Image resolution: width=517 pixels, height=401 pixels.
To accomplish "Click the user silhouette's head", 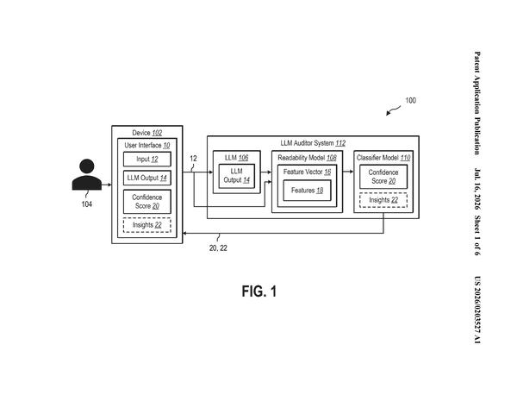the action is point(87,166).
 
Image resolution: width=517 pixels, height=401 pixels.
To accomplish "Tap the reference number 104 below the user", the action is point(87,204).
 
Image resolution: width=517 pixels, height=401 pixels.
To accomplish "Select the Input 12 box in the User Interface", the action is point(147,159).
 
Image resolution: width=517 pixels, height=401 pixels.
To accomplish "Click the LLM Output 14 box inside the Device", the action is point(147,178).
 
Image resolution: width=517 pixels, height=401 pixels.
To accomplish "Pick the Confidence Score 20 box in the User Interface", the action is point(147,202).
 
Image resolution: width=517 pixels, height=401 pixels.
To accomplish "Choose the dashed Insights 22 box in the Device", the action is point(147,225).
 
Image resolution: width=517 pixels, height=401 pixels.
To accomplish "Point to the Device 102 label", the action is point(147,133).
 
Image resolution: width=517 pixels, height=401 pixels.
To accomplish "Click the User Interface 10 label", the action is point(147,145).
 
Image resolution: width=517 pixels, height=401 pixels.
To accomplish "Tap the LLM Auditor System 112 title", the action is point(313,143).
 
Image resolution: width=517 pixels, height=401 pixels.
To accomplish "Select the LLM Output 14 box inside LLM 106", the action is point(237,176).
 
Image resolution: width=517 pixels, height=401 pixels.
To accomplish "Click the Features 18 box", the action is point(307,191).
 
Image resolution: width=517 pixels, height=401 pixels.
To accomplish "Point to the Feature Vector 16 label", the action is point(307,172).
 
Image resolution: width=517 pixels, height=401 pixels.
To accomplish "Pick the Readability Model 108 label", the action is point(307,158).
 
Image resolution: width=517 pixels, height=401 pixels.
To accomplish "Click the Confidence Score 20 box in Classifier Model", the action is point(383,177).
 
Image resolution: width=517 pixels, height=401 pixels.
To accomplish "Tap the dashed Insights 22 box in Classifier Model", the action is point(383,200).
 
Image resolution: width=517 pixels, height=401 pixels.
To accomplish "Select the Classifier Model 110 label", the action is point(383,158).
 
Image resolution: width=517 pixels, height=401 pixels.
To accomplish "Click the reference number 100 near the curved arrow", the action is point(410,100).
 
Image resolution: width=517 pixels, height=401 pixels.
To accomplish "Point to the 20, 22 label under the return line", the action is point(218,247).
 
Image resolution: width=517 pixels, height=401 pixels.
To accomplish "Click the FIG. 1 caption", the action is point(259,291).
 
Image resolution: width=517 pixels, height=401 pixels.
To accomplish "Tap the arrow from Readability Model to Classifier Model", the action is point(348,172).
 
